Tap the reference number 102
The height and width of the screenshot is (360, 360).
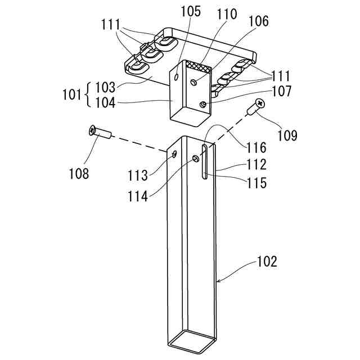click(267, 262)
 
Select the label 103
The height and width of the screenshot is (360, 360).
click(105, 87)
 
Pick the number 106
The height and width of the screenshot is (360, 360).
click(258, 21)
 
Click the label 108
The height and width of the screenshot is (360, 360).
click(78, 173)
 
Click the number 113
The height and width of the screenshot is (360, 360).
click(137, 175)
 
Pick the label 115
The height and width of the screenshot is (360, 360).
click(256, 183)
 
